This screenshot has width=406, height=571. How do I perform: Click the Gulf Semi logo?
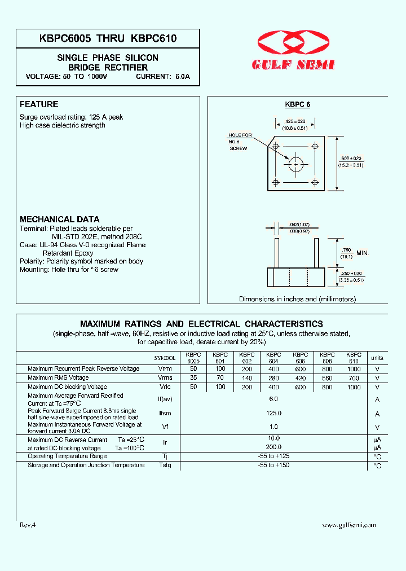point(295,50)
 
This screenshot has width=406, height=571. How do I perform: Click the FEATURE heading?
point(39,104)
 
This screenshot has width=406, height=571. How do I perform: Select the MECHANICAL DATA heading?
point(60,219)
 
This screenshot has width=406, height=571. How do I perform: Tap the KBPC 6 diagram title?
point(297,104)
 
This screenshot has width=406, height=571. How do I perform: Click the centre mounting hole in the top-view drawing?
point(295,164)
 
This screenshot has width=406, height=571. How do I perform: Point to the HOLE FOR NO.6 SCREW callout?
point(240,142)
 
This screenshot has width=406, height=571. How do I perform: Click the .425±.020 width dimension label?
point(295,124)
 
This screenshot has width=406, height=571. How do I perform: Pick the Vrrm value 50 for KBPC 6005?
point(193,368)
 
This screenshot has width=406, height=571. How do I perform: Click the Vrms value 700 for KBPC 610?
point(354,377)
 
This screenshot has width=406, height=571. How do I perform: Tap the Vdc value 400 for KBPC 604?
point(273,387)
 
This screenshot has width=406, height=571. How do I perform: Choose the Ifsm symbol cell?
point(165,414)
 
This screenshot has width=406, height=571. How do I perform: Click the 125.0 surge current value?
point(273,413)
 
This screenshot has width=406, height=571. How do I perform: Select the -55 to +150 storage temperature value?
point(273,465)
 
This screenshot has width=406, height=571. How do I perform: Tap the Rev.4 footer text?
point(28,525)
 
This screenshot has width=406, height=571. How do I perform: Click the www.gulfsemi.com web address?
point(348,525)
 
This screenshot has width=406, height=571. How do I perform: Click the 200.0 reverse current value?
point(273,447)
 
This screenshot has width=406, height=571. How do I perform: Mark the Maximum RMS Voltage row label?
point(58,377)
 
